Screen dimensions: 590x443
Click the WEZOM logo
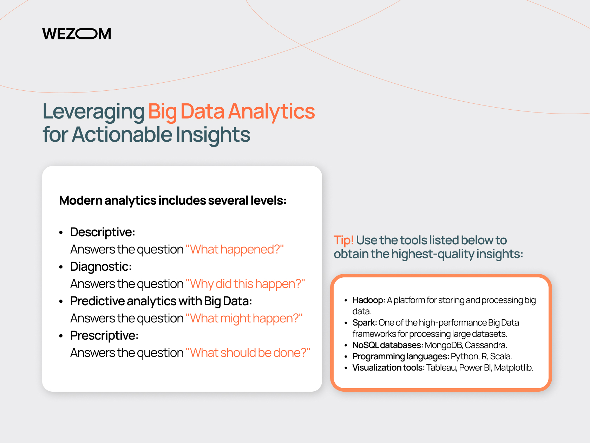[x=77, y=34]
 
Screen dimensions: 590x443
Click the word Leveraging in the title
[x=93, y=111]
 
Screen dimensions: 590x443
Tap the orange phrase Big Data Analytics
[x=231, y=111]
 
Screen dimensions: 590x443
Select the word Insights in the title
[x=213, y=135]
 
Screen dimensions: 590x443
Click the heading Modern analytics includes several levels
[x=173, y=200]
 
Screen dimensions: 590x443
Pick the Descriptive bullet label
[x=103, y=232]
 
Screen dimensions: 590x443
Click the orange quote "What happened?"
[x=234, y=249]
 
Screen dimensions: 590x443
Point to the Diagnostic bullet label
[x=101, y=267]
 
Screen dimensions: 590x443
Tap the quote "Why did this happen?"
[x=245, y=284]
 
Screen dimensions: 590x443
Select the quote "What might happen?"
[x=244, y=318]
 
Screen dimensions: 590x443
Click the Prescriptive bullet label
[x=104, y=335]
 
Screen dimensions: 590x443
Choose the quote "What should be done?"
[x=248, y=353]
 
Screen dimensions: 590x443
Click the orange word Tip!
[x=343, y=240]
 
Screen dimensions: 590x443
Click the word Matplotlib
[x=513, y=367]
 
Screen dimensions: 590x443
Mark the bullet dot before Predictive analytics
[x=61, y=302]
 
